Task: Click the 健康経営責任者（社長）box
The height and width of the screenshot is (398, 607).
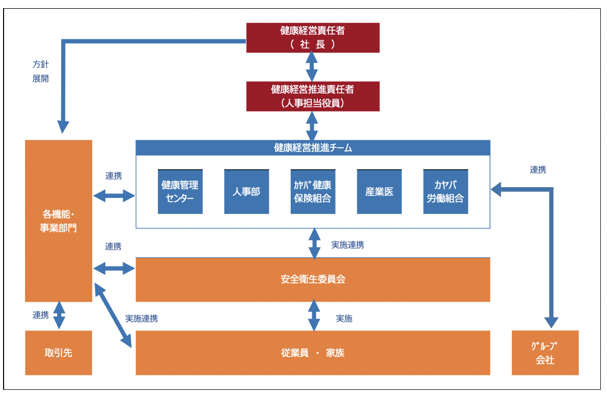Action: click(313, 37)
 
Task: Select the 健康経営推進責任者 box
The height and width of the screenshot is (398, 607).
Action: click(313, 96)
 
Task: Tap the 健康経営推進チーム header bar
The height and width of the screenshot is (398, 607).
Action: click(313, 148)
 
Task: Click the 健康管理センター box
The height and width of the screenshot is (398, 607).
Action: click(180, 192)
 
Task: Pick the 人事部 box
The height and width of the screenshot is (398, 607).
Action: click(246, 192)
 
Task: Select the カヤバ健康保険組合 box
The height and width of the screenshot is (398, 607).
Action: click(313, 192)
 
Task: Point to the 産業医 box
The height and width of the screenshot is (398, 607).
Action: click(379, 192)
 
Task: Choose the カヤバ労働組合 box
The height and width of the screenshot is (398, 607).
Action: click(446, 192)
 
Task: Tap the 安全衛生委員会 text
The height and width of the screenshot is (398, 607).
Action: click(313, 280)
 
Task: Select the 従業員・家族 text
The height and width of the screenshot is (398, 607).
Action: click(313, 353)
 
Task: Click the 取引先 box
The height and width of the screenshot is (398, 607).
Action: click(58, 353)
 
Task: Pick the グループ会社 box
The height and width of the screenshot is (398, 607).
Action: click(545, 353)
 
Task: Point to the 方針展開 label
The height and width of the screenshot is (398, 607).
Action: click(40, 72)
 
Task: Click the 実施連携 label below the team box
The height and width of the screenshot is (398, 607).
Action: click(347, 245)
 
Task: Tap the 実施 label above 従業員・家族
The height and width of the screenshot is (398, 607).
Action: click(344, 319)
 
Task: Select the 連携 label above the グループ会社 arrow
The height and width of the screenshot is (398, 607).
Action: click(538, 170)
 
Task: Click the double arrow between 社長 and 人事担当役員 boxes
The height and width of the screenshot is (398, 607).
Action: click(311, 67)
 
